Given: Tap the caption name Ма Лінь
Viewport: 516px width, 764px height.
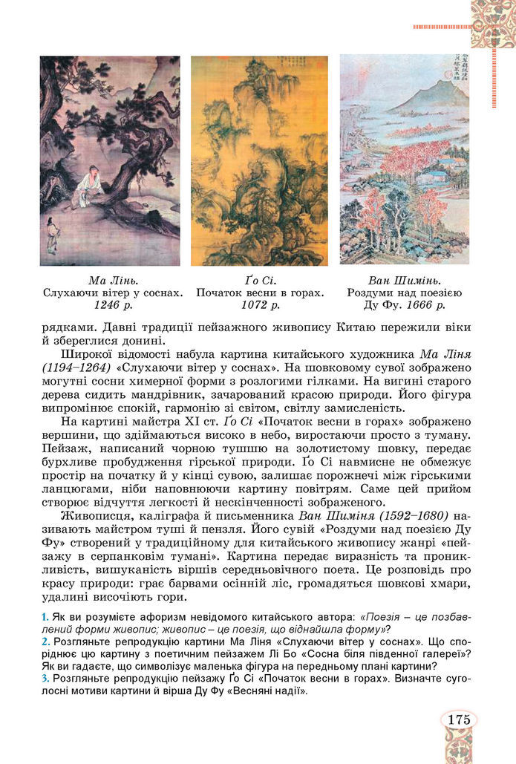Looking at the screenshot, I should (x=110, y=281).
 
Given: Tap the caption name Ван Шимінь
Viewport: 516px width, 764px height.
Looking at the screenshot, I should (x=405, y=281).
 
